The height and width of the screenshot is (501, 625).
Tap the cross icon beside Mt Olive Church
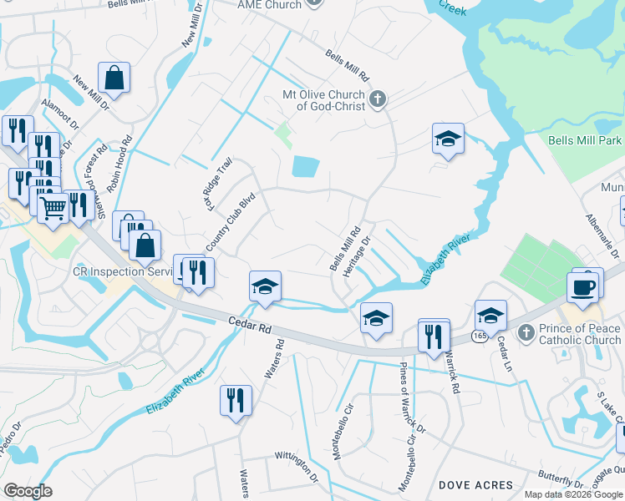point(377,100)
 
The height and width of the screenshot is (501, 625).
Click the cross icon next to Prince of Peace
point(526,333)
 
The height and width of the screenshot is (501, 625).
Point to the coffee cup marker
point(584,287)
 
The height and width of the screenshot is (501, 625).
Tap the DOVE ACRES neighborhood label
point(475,485)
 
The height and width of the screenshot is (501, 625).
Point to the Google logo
point(28,491)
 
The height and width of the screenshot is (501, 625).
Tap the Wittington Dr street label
point(297,464)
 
